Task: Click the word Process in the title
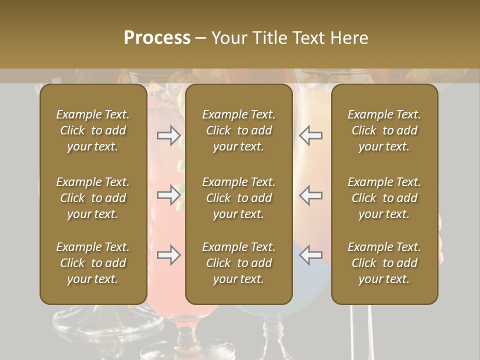(x=157, y=38)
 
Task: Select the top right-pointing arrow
(x=169, y=135)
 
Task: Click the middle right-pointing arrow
(x=169, y=195)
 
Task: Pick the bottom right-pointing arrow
(x=169, y=255)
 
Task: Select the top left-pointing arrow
(x=310, y=135)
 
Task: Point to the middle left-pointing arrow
(x=310, y=195)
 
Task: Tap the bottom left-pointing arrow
(x=310, y=255)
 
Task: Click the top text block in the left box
(x=93, y=130)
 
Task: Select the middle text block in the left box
(x=93, y=198)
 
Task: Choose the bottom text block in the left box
(x=93, y=263)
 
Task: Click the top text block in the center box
(x=238, y=130)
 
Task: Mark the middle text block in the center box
(x=238, y=198)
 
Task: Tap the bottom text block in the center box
(x=238, y=263)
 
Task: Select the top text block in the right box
(x=384, y=130)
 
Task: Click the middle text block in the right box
(x=384, y=198)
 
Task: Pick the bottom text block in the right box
(x=384, y=263)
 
